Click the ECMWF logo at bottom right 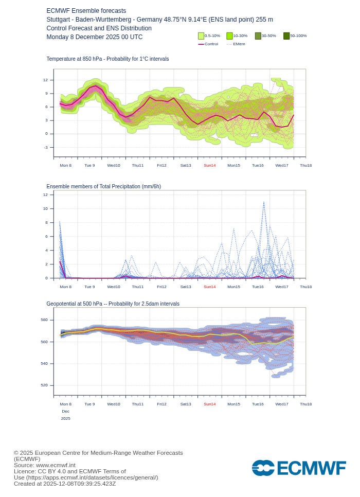(299, 468)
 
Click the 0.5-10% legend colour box (201, 36)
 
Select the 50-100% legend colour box (286, 36)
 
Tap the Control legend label (211, 44)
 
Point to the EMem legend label (239, 44)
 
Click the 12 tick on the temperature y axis (45, 80)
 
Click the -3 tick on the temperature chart (45, 147)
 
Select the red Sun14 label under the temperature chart (209, 165)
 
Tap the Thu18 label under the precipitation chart (305, 287)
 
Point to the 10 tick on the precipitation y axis (45, 208)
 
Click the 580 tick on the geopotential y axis (44, 319)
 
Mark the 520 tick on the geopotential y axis (44, 385)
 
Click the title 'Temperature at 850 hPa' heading (107, 59)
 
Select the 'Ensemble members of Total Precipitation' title (103, 186)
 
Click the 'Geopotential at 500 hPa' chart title (113, 304)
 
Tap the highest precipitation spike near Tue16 (264, 202)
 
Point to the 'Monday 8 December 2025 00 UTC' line (94, 37)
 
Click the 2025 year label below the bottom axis (65, 418)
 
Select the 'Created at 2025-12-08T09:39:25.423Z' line (65, 484)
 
